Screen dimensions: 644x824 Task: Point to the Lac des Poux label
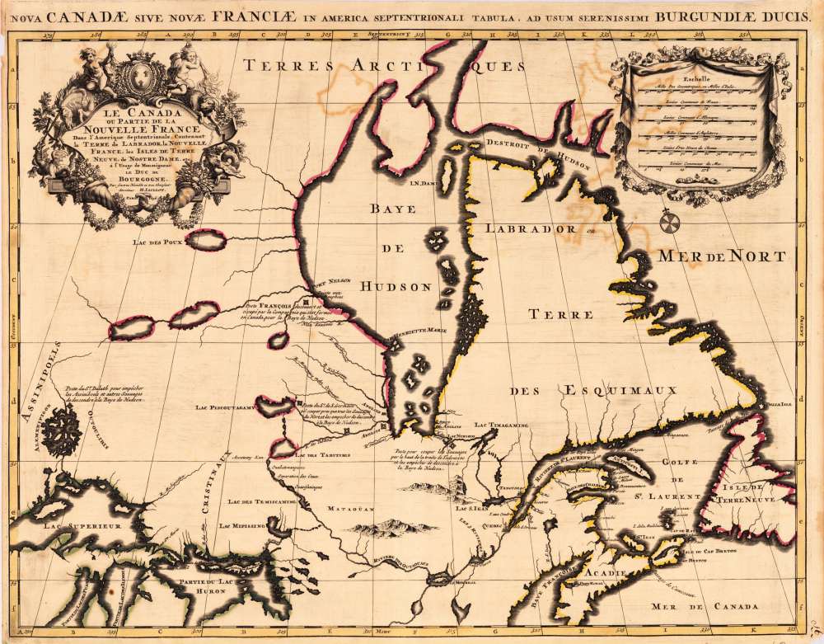click(x=157, y=242)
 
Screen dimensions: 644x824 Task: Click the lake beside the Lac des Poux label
click(x=206, y=240)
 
